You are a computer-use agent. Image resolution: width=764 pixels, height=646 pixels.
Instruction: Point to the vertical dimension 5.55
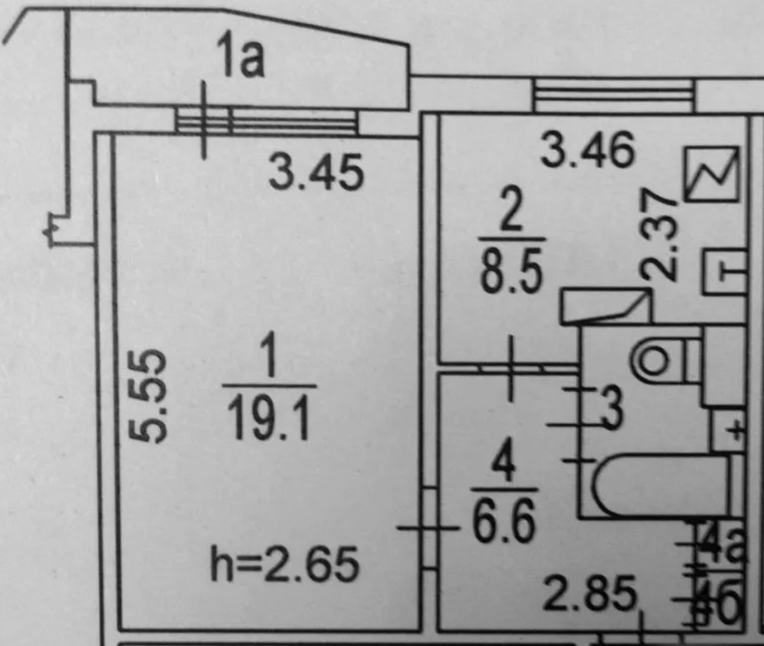tap(153, 396)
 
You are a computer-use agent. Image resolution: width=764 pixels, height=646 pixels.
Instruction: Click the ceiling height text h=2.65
tap(284, 565)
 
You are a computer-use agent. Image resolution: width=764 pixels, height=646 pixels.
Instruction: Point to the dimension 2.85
tap(588, 595)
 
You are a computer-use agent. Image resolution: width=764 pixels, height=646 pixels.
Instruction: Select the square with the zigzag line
tap(712, 173)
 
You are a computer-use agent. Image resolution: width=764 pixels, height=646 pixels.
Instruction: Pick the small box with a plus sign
tap(728, 429)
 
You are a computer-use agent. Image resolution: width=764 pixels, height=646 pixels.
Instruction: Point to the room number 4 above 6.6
tap(504, 466)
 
